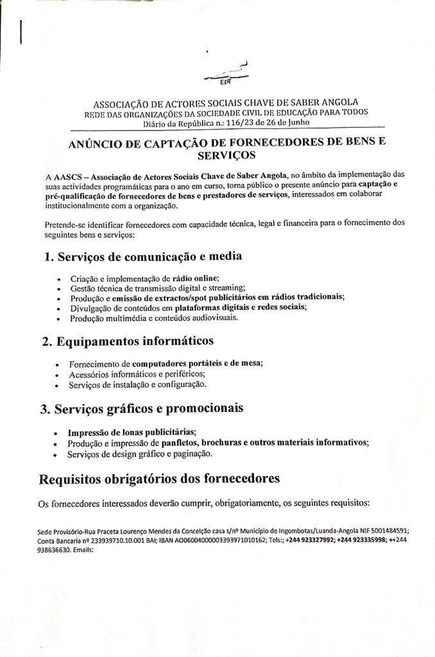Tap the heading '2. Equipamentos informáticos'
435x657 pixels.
[128, 340]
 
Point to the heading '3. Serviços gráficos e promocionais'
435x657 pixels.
[144, 408]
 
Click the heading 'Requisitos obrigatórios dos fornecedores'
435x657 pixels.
[158, 479]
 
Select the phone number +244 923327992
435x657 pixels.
[309, 540]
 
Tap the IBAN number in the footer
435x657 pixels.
[212, 540]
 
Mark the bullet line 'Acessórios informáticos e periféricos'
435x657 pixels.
[137, 373]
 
